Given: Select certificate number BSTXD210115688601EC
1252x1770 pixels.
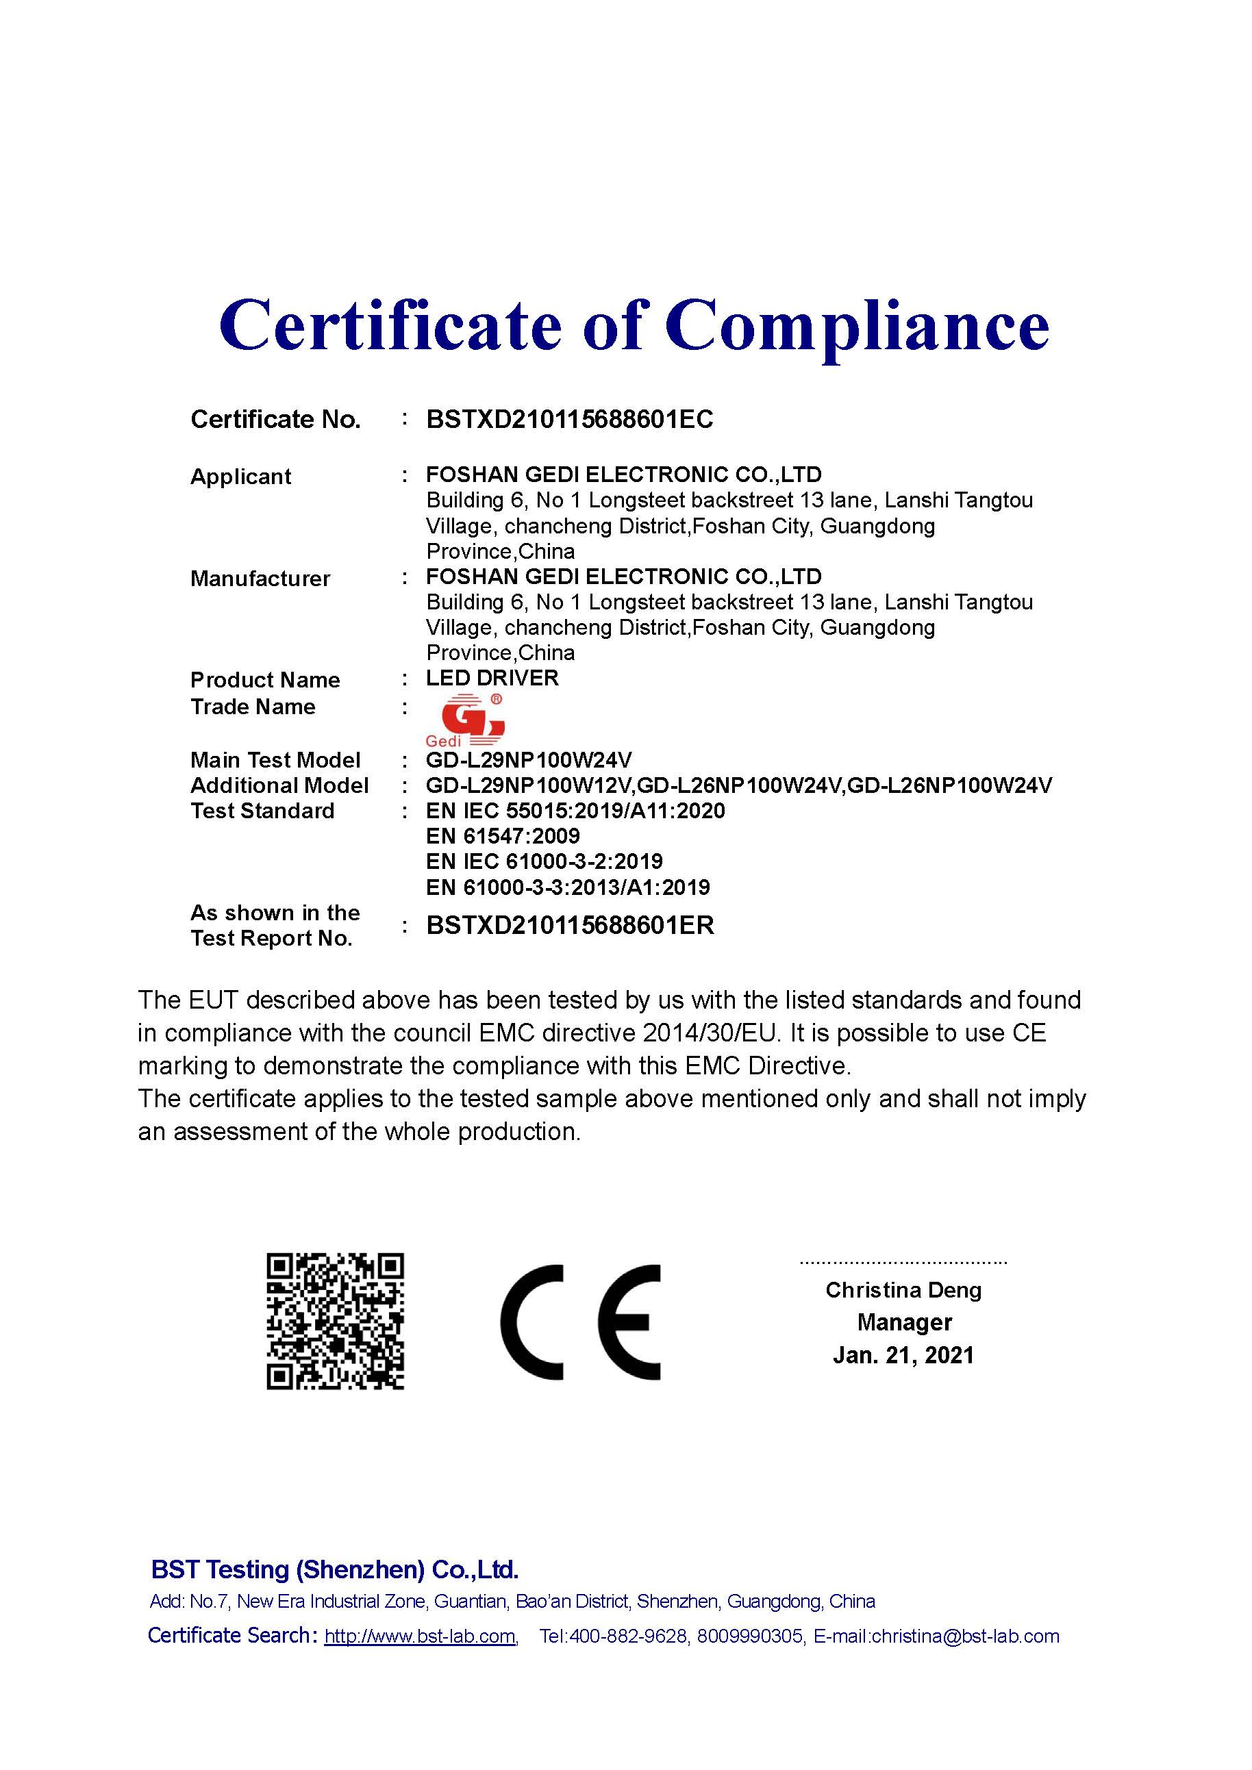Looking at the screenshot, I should pyautogui.click(x=570, y=419).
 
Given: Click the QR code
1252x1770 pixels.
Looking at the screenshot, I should pyautogui.click(x=336, y=1322).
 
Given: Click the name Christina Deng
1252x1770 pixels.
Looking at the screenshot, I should pyautogui.click(x=903, y=1290).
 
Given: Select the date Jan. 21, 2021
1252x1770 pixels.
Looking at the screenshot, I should pyautogui.click(x=903, y=1355).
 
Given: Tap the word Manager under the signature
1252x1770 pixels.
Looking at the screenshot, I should pyautogui.click(x=904, y=1322).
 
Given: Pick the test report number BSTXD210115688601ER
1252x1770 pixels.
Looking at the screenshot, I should pyautogui.click(x=570, y=925).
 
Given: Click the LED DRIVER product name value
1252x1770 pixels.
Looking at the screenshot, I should pyautogui.click(x=492, y=679).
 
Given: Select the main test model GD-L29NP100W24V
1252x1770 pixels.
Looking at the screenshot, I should pyautogui.click(x=529, y=760).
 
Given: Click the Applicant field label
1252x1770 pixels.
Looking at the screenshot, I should pyautogui.click(x=240, y=477).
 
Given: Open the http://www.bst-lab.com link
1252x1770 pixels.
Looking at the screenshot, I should pyautogui.click(x=419, y=1636).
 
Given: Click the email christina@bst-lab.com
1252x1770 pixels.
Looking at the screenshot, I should pyautogui.click(x=964, y=1636).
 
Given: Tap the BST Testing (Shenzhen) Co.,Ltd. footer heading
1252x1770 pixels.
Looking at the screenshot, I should pyautogui.click(x=335, y=1569).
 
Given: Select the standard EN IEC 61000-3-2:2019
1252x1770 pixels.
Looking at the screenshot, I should pyautogui.click(x=544, y=861).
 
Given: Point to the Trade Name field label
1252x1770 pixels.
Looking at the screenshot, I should pyautogui.click(x=253, y=707).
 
